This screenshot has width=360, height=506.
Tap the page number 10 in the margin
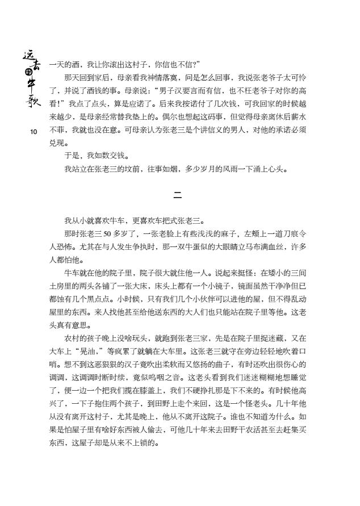pos(34,132)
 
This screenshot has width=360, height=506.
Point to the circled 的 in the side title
pos(27,72)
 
